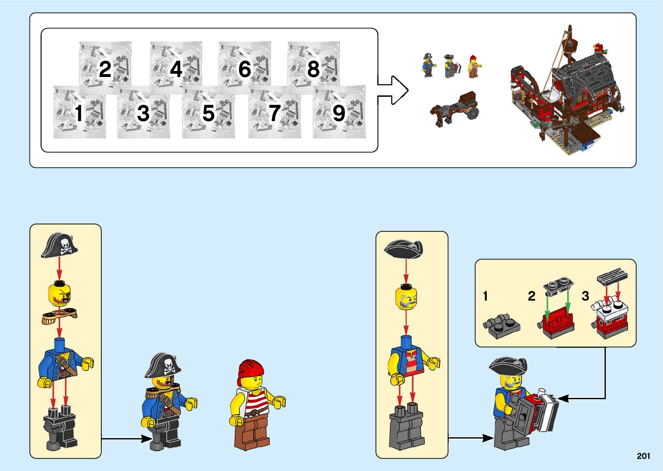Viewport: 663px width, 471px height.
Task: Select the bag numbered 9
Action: coord(339,112)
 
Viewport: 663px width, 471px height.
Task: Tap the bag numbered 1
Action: coord(79,112)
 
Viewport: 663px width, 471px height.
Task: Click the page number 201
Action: coord(644,456)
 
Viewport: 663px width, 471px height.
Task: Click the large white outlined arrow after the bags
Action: coord(392,90)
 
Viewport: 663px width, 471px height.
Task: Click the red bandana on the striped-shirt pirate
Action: coord(250,370)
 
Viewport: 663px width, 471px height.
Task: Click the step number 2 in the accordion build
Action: coord(531,296)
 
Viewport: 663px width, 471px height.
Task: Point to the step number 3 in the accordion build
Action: coord(585,296)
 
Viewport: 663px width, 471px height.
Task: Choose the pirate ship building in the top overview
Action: coord(567,93)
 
